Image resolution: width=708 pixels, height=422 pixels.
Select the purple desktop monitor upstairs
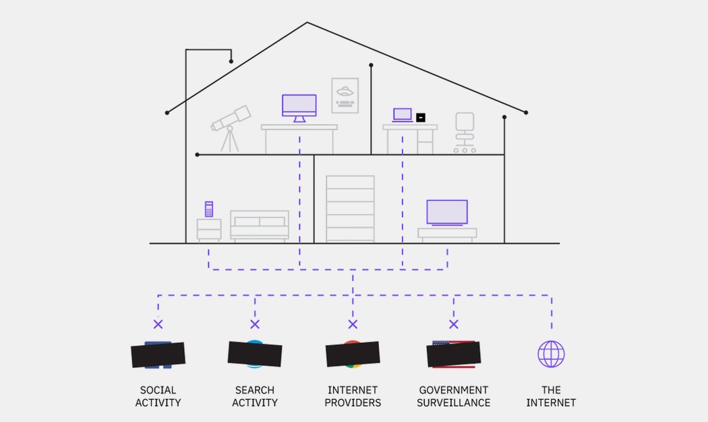pos(299,106)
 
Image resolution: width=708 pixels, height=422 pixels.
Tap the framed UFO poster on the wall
pos(345,95)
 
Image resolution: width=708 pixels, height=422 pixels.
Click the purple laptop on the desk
pos(403,115)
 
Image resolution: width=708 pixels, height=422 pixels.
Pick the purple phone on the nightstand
pos(209,209)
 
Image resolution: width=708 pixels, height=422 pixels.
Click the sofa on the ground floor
pos(260,226)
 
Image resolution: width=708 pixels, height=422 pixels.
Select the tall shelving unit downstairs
pos(350,209)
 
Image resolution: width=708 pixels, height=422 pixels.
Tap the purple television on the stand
pos(447,212)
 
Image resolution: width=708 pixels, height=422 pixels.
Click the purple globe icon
pos(551,354)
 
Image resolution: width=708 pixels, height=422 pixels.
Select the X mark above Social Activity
pos(158,324)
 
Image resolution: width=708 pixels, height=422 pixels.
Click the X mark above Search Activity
pos(255,324)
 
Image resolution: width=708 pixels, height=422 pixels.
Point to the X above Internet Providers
pos(352,324)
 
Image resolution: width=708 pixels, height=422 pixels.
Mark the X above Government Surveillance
pos(453,324)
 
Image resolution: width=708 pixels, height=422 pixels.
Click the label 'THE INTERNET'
pos(551,396)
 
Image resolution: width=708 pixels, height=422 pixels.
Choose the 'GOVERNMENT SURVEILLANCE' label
pos(453,396)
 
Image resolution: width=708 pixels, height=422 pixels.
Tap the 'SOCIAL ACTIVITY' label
pos(158,396)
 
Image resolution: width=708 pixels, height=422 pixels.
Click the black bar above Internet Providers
pos(352,354)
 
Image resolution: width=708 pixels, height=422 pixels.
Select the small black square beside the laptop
pos(421,117)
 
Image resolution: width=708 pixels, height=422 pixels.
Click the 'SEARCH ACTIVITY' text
pos(255,396)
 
